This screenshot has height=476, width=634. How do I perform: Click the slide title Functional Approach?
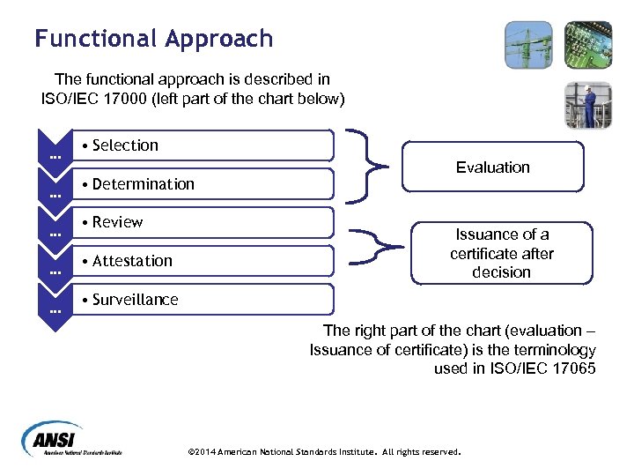click(x=154, y=39)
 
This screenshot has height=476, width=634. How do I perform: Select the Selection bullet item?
click(x=126, y=145)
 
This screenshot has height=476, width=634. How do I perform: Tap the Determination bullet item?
click(x=144, y=184)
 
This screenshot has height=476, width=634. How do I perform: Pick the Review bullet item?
click(x=118, y=222)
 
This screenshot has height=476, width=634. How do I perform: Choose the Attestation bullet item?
click(x=133, y=261)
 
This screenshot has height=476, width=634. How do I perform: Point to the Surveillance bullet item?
click(x=136, y=300)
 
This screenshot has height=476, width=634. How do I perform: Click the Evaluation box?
click(x=493, y=167)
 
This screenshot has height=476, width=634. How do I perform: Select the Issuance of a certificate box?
click(x=501, y=253)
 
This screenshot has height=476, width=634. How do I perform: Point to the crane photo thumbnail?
click(x=528, y=45)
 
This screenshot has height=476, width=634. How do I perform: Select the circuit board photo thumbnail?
click(x=588, y=45)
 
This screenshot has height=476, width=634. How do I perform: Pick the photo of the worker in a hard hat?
click(x=588, y=105)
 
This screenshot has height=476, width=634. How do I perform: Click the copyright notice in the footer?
click(x=325, y=451)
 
